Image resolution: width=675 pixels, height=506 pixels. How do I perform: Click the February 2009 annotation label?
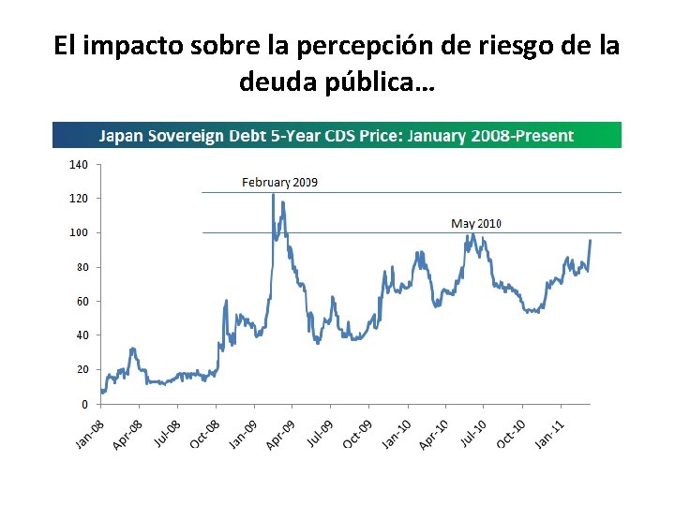(279, 182)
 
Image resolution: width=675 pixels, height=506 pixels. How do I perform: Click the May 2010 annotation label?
(477, 223)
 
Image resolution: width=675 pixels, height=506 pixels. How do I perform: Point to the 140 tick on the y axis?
(79, 164)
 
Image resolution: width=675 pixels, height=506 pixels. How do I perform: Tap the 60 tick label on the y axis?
(82, 301)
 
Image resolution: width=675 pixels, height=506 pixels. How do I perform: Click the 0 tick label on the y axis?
(84, 404)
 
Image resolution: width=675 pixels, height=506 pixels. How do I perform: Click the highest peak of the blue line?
(273, 194)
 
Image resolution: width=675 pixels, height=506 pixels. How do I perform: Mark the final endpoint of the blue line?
(591, 241)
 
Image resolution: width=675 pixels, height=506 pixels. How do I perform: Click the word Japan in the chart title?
(122, 136)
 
